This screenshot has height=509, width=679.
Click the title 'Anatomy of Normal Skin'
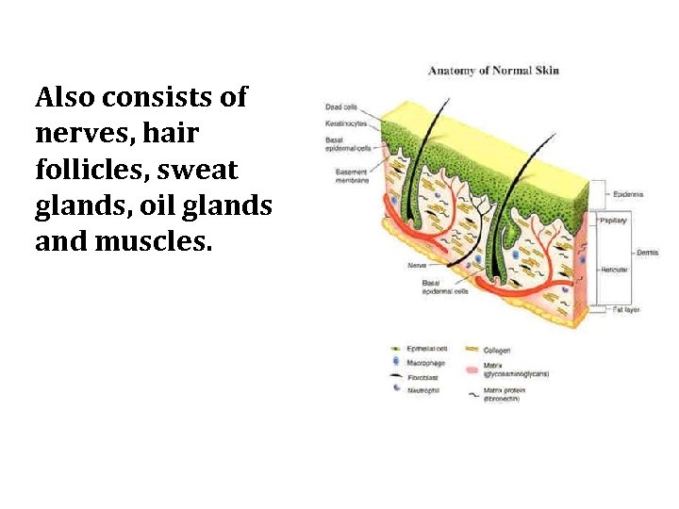pyautogui.click(x=493, y=71)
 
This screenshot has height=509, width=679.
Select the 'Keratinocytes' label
pyautogui.click(x=346, y=123)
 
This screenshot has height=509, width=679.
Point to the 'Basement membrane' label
pyautogui.click(x=351, y=176)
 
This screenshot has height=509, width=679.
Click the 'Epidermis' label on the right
pyautogui.click(x=628, y=194)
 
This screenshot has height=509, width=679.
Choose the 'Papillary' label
pyautogui.click(x=613, y=219)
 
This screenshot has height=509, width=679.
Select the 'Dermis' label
pyautogui.click(x=648, y=253)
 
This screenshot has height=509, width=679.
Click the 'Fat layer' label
pyautogui.click(x=626, y=308)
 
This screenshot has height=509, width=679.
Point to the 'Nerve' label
pyautogui.click(x=416, y=265)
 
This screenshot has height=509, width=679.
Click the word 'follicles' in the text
pyautogui.click(x=84, y=171)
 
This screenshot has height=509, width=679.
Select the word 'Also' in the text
pyautogui.click(x=63, y=97)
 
